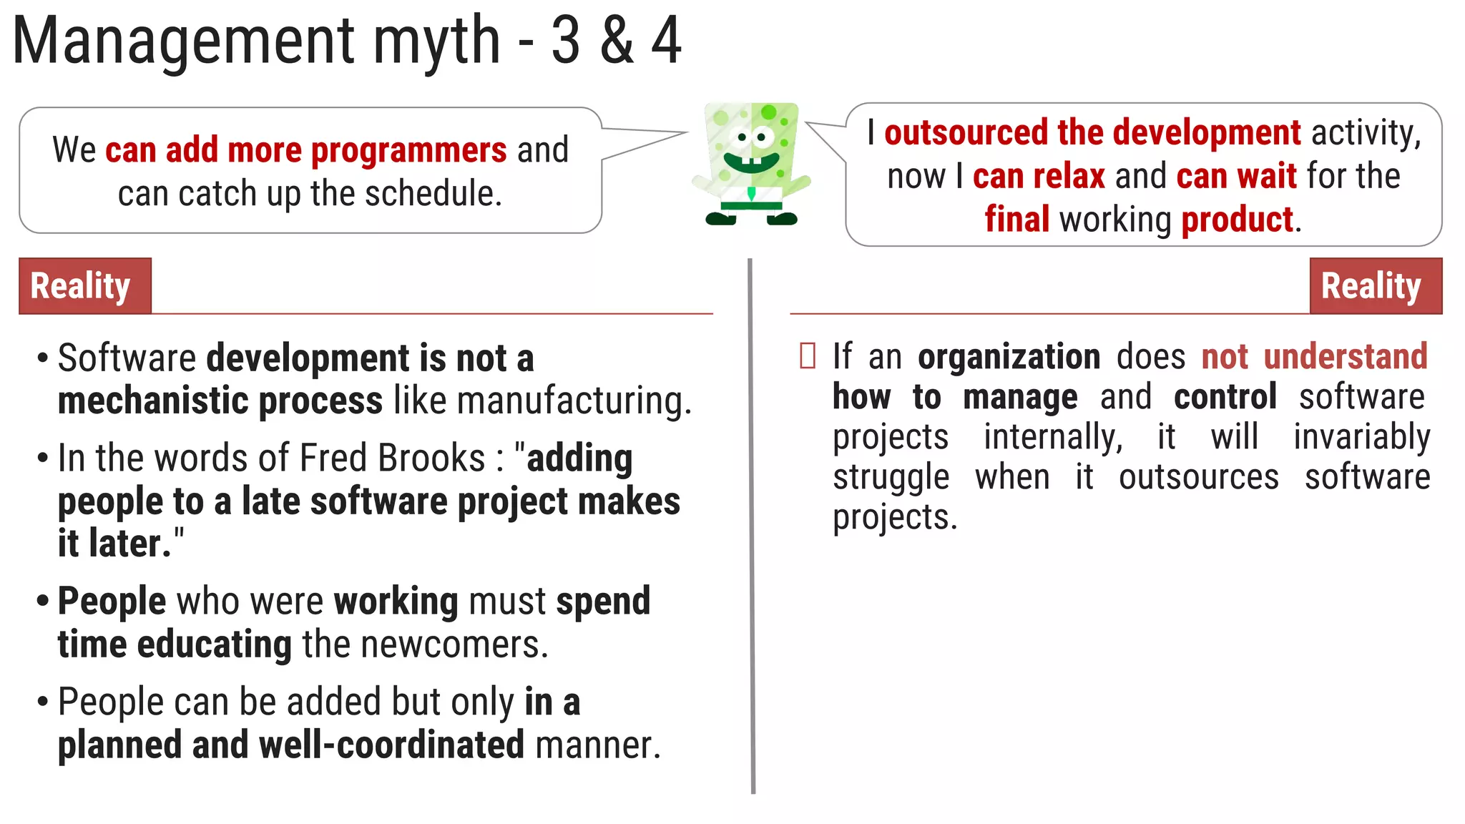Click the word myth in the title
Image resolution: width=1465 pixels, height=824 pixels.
436,41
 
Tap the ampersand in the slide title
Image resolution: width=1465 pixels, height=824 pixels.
617,41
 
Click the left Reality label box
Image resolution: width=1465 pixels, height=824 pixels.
85,286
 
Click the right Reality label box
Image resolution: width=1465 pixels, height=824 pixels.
1375,286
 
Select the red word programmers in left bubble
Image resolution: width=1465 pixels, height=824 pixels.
408,151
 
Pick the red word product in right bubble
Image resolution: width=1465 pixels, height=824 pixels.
1237,220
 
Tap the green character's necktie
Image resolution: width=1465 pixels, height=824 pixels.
751,193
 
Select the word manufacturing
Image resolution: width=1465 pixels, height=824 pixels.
573,401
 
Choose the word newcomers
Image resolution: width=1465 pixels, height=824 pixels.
454,644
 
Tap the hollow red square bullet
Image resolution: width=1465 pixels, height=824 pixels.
808,356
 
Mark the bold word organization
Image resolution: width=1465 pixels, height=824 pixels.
1009,356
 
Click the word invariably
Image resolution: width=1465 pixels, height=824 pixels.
1361,437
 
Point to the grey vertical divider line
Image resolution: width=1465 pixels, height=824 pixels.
752,526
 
